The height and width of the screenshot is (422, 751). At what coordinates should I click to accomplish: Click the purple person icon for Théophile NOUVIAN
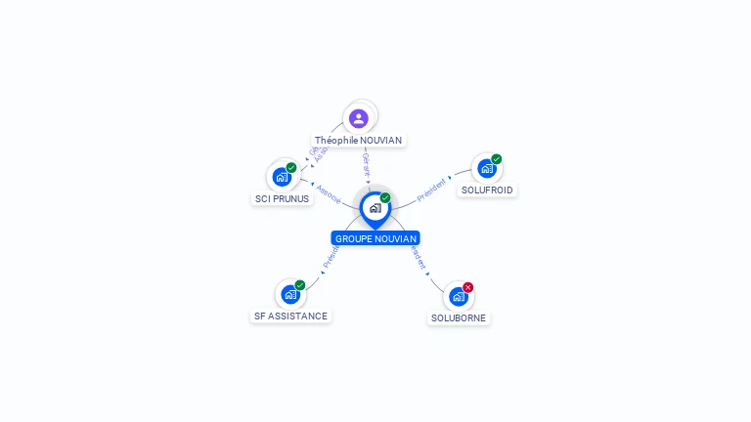click(x=359, y=118)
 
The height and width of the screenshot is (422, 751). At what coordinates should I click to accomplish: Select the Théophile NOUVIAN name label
click(x=358, y=141)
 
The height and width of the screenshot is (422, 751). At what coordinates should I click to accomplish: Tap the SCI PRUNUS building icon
click(x=282, y=177)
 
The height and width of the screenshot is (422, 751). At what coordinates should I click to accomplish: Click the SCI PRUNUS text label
click(x=282, y=199)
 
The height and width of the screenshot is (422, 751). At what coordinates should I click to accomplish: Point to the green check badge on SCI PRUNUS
click(x=291, y=168)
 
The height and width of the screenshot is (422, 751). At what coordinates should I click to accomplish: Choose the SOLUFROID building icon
click(x=487, y=168)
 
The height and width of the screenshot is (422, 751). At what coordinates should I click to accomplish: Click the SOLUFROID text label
click(x=487, y=190)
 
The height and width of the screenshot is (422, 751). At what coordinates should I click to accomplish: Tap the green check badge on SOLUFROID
click(x=497, y=159)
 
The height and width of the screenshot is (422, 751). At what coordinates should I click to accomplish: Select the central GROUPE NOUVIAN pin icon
click(x=375, y=207)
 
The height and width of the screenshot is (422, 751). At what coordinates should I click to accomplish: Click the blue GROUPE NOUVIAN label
click(x=375, y=238)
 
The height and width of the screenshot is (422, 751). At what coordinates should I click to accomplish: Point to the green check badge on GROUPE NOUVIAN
click(x=385, y=198)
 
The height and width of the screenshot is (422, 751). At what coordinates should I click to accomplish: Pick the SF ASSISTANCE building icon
click(x=290, y=294)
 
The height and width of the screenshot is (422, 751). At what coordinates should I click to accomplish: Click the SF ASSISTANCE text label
click(x=290, y=316)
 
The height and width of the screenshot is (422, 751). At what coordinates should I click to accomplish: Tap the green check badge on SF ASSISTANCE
click(x=300, y=285)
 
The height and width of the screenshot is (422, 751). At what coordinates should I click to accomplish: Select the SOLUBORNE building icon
click(x=459, y=296)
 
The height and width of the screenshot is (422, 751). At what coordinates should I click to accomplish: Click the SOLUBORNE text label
click(x=459, y=318)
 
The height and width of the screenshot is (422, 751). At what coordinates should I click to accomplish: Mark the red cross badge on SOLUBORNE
click(x=468, y=287)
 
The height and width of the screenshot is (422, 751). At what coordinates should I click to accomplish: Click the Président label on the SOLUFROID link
click(x=431, y=190)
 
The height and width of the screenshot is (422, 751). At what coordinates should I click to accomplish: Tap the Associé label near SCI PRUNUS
click(x=329, y=193)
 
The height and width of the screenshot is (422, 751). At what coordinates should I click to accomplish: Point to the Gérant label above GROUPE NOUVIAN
click(x=366, y=164)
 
